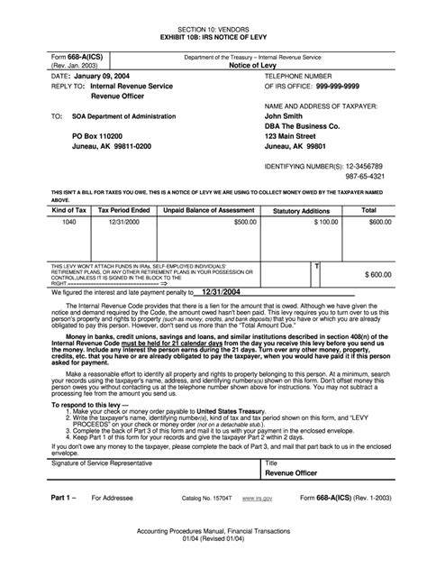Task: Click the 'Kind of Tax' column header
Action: (68, 208)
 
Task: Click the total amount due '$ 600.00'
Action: (378, 273)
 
